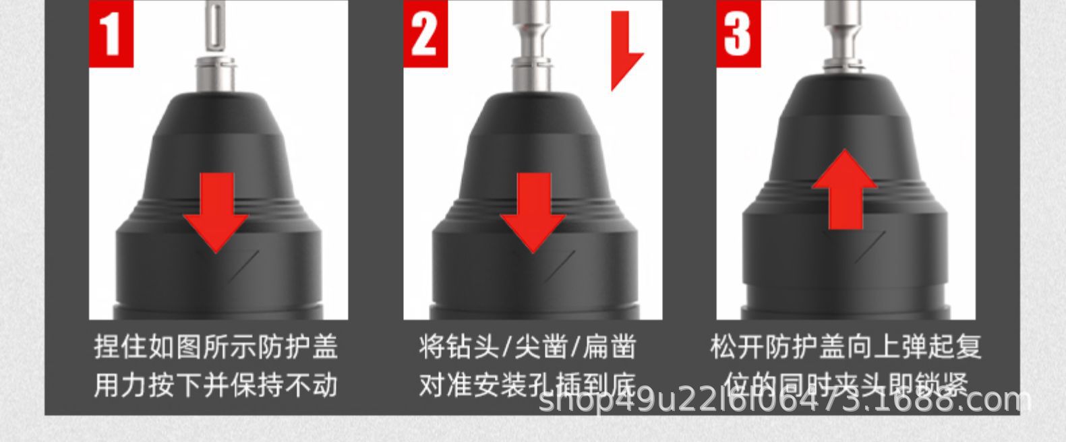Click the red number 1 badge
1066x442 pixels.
coord(111,34)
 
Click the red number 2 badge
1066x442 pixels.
coord(425,34)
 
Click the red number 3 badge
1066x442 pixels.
coord(738,34)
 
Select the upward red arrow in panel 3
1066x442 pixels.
coord(844,189)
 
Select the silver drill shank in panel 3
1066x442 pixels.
coord(846,40)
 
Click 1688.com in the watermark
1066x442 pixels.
coord(971,401)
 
